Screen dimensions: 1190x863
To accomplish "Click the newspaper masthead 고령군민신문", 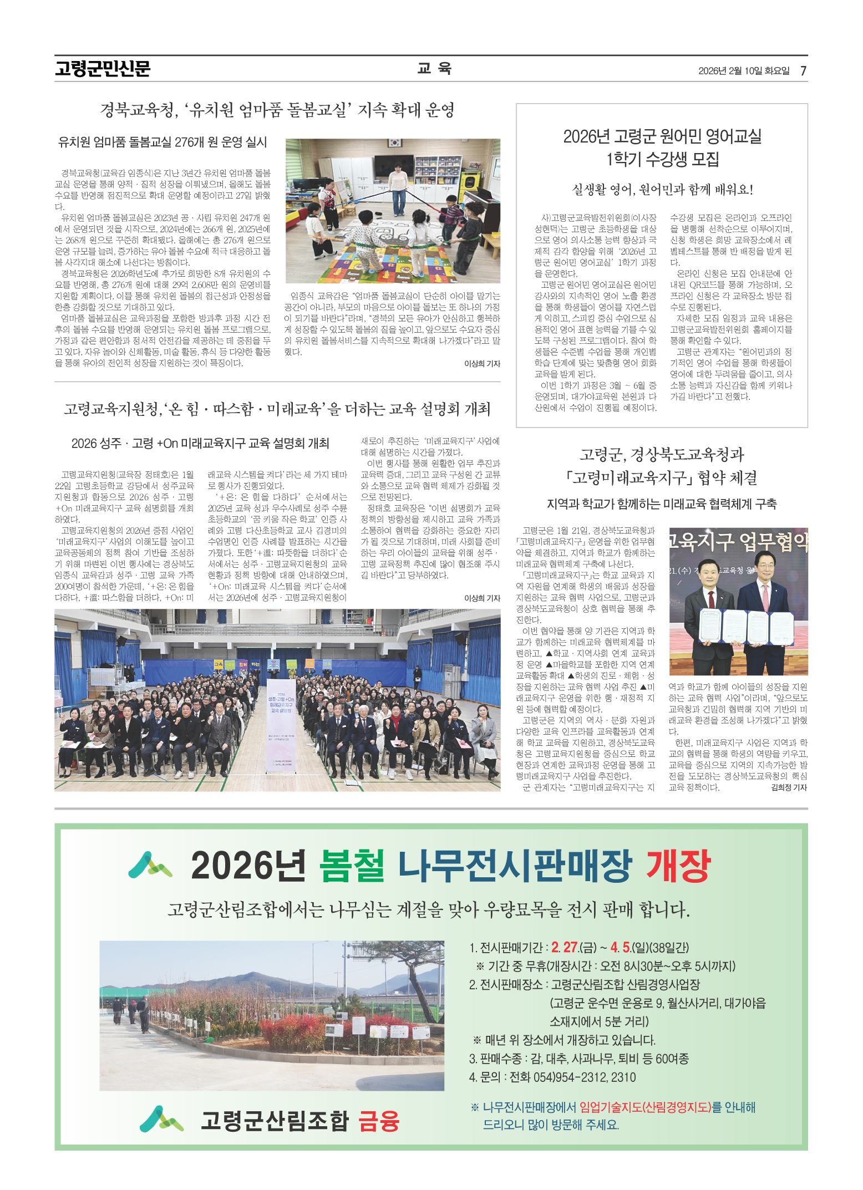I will (x=103, y=69).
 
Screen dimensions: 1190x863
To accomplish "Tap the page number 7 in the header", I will (x=803, y=70).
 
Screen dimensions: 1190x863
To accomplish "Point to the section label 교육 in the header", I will (x=434, y=68).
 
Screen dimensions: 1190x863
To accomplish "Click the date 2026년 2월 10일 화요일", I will (x=744, y=71).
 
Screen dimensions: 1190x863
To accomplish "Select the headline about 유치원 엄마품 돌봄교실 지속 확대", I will (x=277, y=110).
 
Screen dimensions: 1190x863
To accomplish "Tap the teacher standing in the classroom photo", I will (x=397, y=186).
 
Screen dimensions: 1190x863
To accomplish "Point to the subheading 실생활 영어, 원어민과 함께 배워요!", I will (x=662, y=190).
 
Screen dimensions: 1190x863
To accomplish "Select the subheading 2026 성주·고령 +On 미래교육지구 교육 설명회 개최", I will (x=200, y=443).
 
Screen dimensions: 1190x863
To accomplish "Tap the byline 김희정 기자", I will (x=789, y=787).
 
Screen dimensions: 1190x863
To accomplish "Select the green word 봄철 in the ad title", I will (x=352, y=865).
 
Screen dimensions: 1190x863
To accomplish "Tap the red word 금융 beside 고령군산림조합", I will (x=379, y=1121).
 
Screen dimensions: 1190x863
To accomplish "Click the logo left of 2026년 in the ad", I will (x=150, y=866).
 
